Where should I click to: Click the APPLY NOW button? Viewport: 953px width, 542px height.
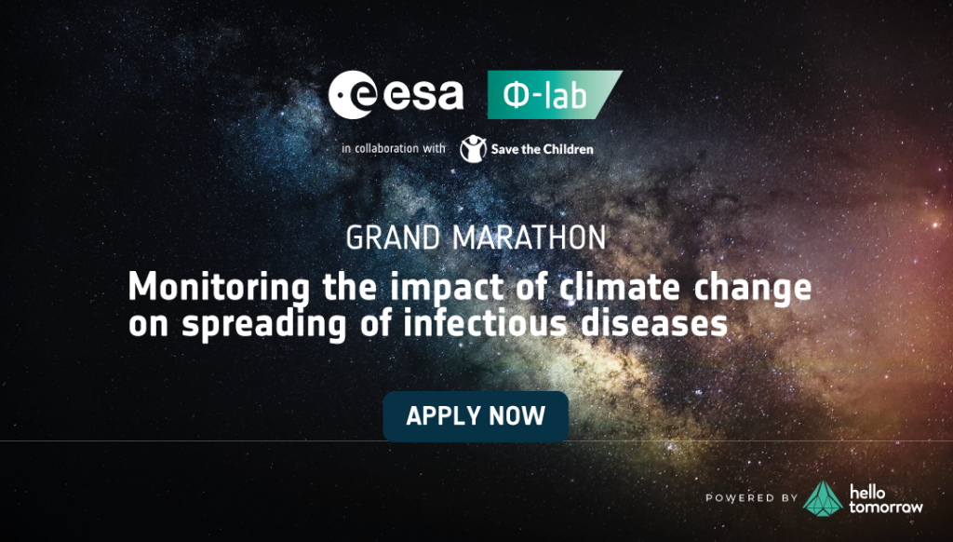476,416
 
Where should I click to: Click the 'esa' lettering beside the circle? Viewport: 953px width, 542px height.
423,96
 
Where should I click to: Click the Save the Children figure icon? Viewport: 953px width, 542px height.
473,149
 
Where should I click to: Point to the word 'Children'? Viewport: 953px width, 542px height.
567,149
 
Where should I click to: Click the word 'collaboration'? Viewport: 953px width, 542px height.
386,148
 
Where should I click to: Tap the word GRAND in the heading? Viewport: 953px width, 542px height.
393,237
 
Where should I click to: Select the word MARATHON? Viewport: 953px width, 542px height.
530,237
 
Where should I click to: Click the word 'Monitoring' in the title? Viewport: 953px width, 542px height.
219,287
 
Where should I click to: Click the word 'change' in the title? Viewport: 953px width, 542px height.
752,288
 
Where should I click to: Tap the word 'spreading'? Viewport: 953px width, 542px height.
264,324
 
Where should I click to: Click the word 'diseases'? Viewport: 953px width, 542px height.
654,323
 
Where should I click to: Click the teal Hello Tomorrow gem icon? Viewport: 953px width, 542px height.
823,499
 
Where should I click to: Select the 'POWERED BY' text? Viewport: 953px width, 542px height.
752,498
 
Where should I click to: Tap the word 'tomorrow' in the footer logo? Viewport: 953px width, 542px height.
886,506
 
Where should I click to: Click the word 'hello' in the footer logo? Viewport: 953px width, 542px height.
867,492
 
